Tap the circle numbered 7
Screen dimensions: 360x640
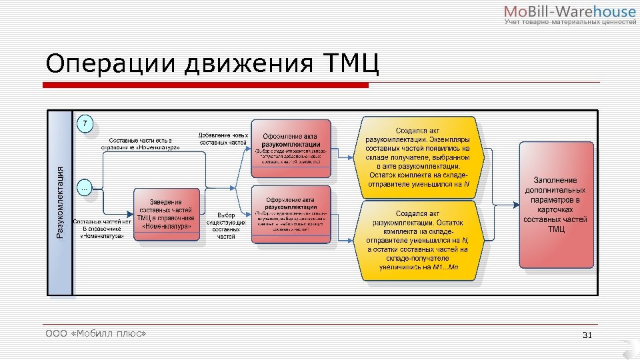(x=85, y=124)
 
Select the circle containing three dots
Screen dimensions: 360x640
(x=85, y=188)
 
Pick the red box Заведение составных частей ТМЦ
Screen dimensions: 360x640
(x=167, y=213)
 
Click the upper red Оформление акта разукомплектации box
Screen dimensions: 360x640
(x=291, y=149)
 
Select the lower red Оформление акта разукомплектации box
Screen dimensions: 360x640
(x=291, y=215)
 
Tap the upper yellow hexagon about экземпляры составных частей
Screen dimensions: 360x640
(x=418, y=157)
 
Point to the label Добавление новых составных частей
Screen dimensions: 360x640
(x=223, y=139)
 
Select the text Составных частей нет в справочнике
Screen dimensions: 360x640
(x=102, y=228)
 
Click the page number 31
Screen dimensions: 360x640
(x=587, y=334)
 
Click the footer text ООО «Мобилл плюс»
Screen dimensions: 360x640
(x=95, y=333)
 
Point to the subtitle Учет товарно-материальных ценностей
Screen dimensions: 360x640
(x=570, y=23)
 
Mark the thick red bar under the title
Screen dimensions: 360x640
(x=205, y=85)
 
